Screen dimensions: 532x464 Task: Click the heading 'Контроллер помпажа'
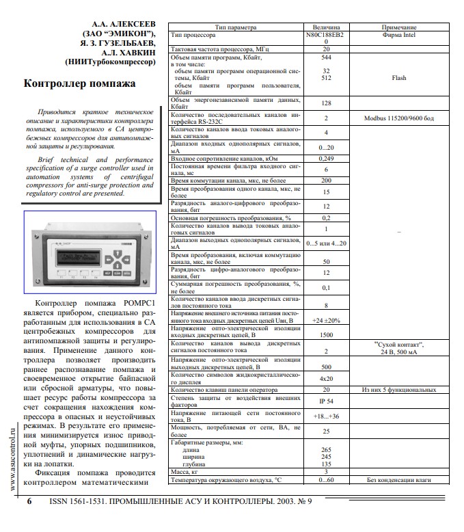click(x=79, y=84)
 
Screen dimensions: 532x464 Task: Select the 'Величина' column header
click(x=326, y=27)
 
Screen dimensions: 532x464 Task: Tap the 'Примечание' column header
click(x=398, y=27)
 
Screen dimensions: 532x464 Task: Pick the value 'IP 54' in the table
click(x=326, y=400)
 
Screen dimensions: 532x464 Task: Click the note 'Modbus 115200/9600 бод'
click(x=398, y=118)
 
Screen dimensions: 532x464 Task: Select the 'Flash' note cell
click(x=398, y=78)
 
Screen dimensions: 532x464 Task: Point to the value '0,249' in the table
click(x=326, y=159)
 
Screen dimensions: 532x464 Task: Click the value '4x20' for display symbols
click(x=326, y=378)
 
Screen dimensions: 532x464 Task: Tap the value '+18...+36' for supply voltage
click(x=326, y=415)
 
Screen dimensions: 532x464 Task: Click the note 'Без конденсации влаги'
click(x=398, y=480)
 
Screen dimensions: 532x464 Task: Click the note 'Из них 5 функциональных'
click(x=398, y=389)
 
